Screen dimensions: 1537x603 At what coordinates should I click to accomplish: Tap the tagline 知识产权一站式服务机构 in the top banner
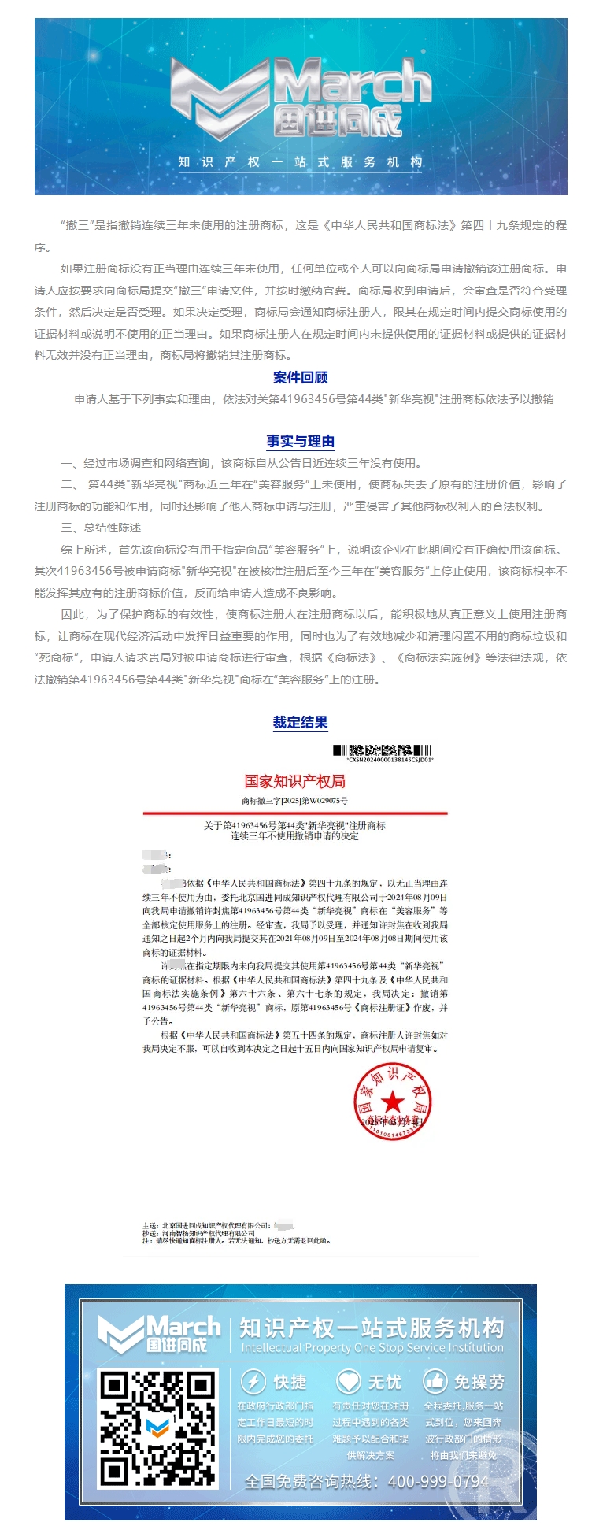(300, 162)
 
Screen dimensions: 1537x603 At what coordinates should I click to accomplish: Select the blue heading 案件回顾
(300, 377)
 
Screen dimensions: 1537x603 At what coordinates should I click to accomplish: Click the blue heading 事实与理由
(300, 441)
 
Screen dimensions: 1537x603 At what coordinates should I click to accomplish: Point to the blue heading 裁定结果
(300, 722)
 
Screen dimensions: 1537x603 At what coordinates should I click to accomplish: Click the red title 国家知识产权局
(294, 781)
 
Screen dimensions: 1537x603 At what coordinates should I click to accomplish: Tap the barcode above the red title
(382, 750)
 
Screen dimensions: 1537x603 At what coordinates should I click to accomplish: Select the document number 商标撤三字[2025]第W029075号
(294, 801)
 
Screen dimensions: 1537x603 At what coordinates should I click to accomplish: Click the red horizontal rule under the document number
(294, 813)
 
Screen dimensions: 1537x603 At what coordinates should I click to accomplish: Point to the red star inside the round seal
(392, 1101)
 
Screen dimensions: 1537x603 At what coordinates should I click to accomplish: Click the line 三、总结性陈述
(101, 528)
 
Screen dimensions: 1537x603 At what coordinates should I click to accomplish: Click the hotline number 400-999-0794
(438, 1481)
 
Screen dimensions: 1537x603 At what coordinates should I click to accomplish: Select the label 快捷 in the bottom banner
(290, 1382)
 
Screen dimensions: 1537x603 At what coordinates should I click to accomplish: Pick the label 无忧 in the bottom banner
(384, 1382)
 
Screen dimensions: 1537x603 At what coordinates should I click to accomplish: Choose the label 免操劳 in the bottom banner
(479, 1382)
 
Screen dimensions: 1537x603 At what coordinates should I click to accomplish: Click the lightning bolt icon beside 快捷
(253, 1381)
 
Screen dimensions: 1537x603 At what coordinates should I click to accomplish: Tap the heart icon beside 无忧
(348, 1381)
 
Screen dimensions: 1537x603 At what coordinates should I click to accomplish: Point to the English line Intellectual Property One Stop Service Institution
(372, 1348)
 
